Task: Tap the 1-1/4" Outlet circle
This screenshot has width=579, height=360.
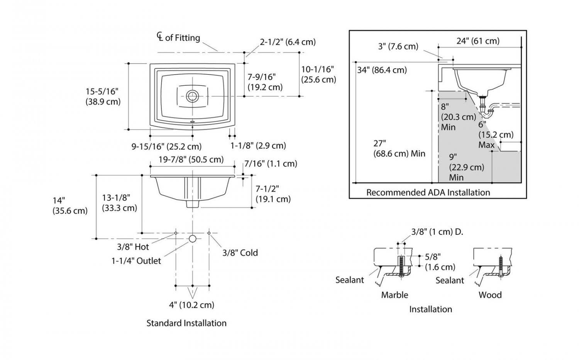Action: coord(193,238)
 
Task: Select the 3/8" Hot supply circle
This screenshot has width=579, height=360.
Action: coord(176,233)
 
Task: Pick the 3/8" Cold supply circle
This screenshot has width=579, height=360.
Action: coord(209,233)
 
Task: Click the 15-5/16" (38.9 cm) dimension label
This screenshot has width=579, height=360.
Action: coord(103,97)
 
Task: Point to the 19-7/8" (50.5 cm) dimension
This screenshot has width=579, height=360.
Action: coord(191,159)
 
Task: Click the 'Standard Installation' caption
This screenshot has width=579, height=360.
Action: coord(186,323)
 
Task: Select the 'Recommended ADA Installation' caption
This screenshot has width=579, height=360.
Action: coord(428,192)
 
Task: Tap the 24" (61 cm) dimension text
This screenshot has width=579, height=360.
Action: coord(478,41)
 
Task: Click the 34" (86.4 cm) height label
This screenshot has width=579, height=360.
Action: coord(382,70)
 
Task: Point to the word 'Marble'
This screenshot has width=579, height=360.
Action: coord(394,295)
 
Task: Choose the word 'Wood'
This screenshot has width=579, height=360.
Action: coord(490,295)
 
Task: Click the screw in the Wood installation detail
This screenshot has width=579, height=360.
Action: coord(501,265)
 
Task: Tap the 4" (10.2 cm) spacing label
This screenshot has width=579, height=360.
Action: coord(191,305)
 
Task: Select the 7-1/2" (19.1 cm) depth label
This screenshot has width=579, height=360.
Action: coord(273,194)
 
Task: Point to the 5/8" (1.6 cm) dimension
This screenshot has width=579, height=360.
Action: coord(440,262)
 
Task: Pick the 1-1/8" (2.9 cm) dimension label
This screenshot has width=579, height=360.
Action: coord(258,146)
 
